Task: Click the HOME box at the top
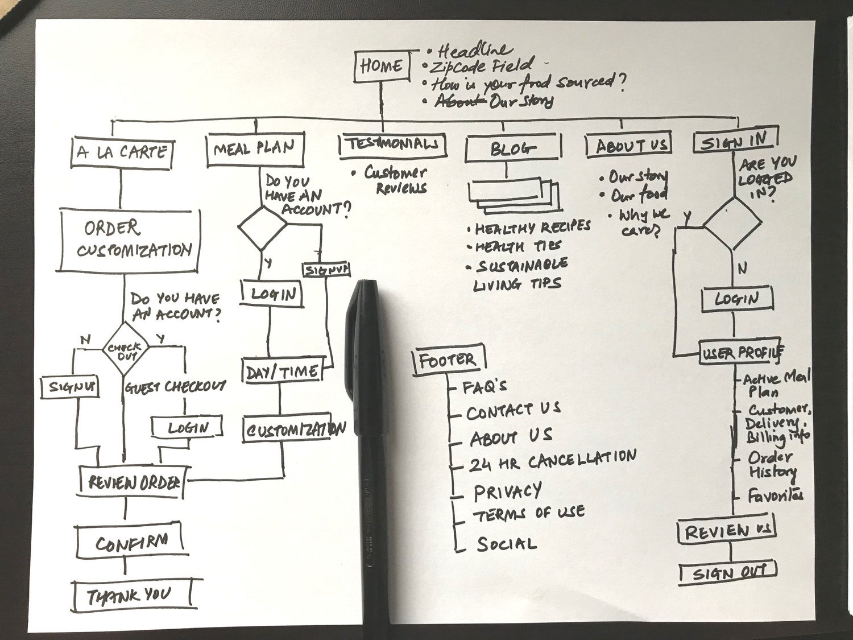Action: coord(381,66)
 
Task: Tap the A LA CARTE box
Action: coord(122,152)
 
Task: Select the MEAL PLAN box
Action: coord(254,149)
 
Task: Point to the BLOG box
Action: coord(512,149)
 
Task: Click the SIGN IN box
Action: coord(734,141)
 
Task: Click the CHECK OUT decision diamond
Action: coord(125,348)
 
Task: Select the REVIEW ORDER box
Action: coord(133,482)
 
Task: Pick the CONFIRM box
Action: coord(131,542)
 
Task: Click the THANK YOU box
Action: coord(131,596)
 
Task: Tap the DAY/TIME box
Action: coord(282,371)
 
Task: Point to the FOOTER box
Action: coord(448,360)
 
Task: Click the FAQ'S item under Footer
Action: coord(485,387)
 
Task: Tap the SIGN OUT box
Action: coord(728,573)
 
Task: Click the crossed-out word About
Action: coord(460,101)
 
